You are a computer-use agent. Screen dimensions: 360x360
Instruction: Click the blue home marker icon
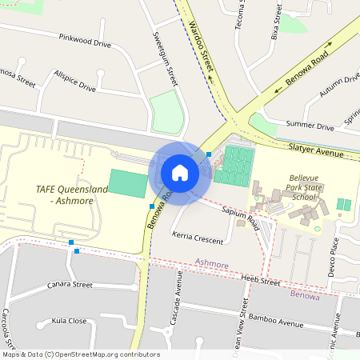coord(180,173)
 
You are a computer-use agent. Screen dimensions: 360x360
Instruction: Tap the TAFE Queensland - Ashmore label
coord(71,194)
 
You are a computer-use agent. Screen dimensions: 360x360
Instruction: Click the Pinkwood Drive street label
coord(84,39)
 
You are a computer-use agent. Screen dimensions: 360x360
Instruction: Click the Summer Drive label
coord(310,126)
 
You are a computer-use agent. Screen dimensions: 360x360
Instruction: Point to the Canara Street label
coord(70,285)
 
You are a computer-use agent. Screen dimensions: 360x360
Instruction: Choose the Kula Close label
coord(69,321)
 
